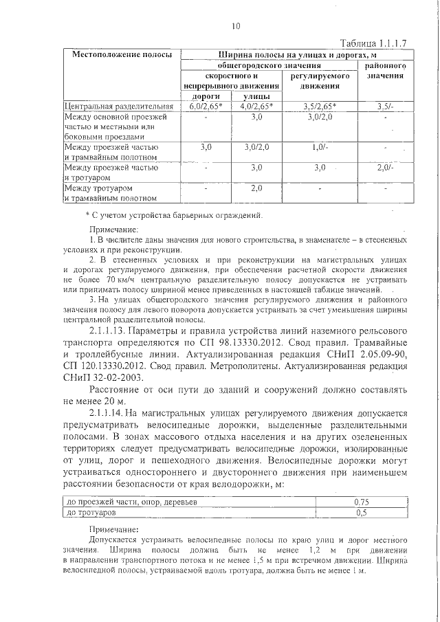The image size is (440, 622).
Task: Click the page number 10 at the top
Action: coord(236,27)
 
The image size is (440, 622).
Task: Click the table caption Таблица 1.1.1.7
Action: coord(375,42)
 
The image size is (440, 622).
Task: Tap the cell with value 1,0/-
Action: coord(319,147)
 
